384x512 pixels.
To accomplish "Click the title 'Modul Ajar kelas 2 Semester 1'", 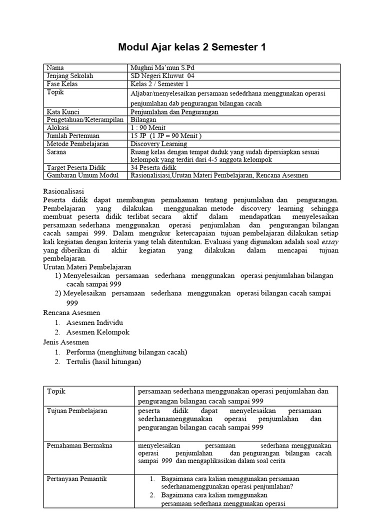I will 192,47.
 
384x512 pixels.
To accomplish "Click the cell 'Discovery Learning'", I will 158,143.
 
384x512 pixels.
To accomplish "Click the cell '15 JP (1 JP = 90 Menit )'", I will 165,135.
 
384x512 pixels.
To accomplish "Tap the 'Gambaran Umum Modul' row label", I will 82,175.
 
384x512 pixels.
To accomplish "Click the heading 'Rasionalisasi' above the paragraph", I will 63,191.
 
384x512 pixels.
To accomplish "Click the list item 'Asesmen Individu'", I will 94,322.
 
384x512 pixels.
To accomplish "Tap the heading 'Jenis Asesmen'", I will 65,342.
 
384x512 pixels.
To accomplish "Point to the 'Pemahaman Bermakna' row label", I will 79,445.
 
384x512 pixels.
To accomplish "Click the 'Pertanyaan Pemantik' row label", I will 76,479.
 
